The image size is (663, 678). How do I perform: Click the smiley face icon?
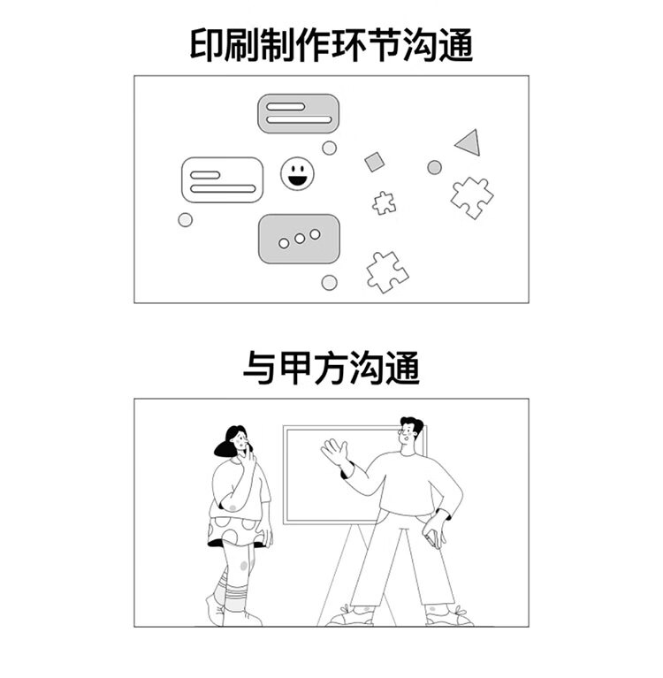coord(297,173)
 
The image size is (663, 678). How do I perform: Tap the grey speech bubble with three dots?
coord(299,239)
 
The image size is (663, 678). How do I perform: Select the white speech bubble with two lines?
coord(222,179)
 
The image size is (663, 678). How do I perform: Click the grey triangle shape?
coord(469,141)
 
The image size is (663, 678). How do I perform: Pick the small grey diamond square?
coord(375,162)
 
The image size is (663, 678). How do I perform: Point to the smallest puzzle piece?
coord(384,203)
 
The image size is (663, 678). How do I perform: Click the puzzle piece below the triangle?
coord(471,196)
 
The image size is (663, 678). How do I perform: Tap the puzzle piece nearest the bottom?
coord(386,270)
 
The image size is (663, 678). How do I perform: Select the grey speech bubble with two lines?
coord(299,113)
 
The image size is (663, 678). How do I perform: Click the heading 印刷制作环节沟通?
coord(331,44)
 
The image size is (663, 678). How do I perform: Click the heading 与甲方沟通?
coord(331,369)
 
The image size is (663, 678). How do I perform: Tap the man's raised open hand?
coord(335,453)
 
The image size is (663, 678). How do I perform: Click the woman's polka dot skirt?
coord(235,531)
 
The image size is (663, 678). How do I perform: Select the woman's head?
coord(234,441)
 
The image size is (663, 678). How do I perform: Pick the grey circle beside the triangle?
coord(434,167)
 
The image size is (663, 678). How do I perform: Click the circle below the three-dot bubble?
coord(329,283)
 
